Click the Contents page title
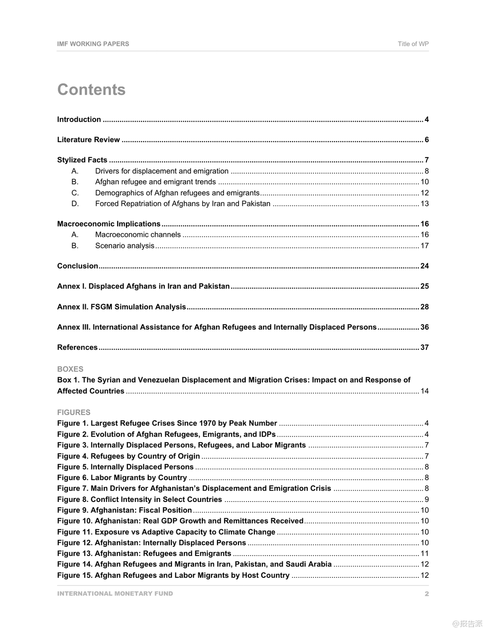click(x=91, y=90)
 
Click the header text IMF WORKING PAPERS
click(x=93, y=44)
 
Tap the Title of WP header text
click(x=413, y=44)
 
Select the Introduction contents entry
click(x=79, y=120)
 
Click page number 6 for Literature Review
click(x=426, y=140)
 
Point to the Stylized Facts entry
click(x=82, y=160)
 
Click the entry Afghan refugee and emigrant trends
click(x=155, y=182)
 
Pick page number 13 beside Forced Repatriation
click(x=424, y=204)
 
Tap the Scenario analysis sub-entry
click(x=125, y=246)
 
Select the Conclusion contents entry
click(x=78, y=266)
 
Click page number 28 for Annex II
click(x=424, y=307)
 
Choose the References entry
click(x=77, y=348)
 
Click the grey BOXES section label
click(x=70, y=369)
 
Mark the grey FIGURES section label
click(x=74, y=412)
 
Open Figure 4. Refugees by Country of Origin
click(x=128, y=456)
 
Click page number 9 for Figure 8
click(x=426, y=499)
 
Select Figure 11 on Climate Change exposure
click(x=166, y=532)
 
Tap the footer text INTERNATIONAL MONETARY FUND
click(x=115, y=594)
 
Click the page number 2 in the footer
click(x=426, y=594)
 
